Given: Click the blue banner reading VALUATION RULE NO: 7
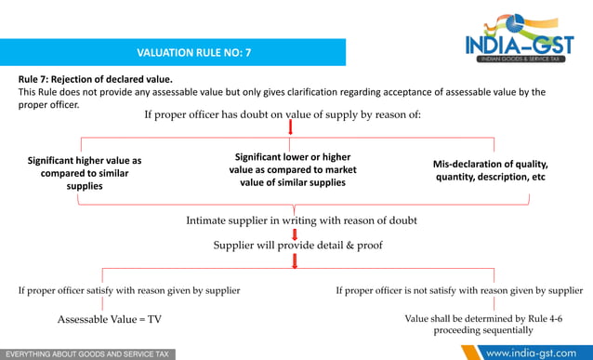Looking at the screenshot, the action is click(x=193, y=53).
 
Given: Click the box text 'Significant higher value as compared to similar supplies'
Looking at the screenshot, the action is click(x=85, y=173).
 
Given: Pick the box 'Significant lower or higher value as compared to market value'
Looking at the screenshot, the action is click(x=293, y=169).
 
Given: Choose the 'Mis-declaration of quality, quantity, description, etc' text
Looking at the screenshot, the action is click(x=491, y=170).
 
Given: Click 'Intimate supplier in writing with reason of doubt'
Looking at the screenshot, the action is click(x=301, y=220).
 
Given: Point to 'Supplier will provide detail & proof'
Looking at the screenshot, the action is click(x=297, y=245).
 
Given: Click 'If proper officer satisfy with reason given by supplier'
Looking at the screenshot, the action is click(x=129, y=290).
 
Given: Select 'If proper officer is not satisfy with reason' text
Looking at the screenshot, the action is click(x=459, y=290).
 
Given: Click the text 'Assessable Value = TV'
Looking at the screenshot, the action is click(x=110, y=319).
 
